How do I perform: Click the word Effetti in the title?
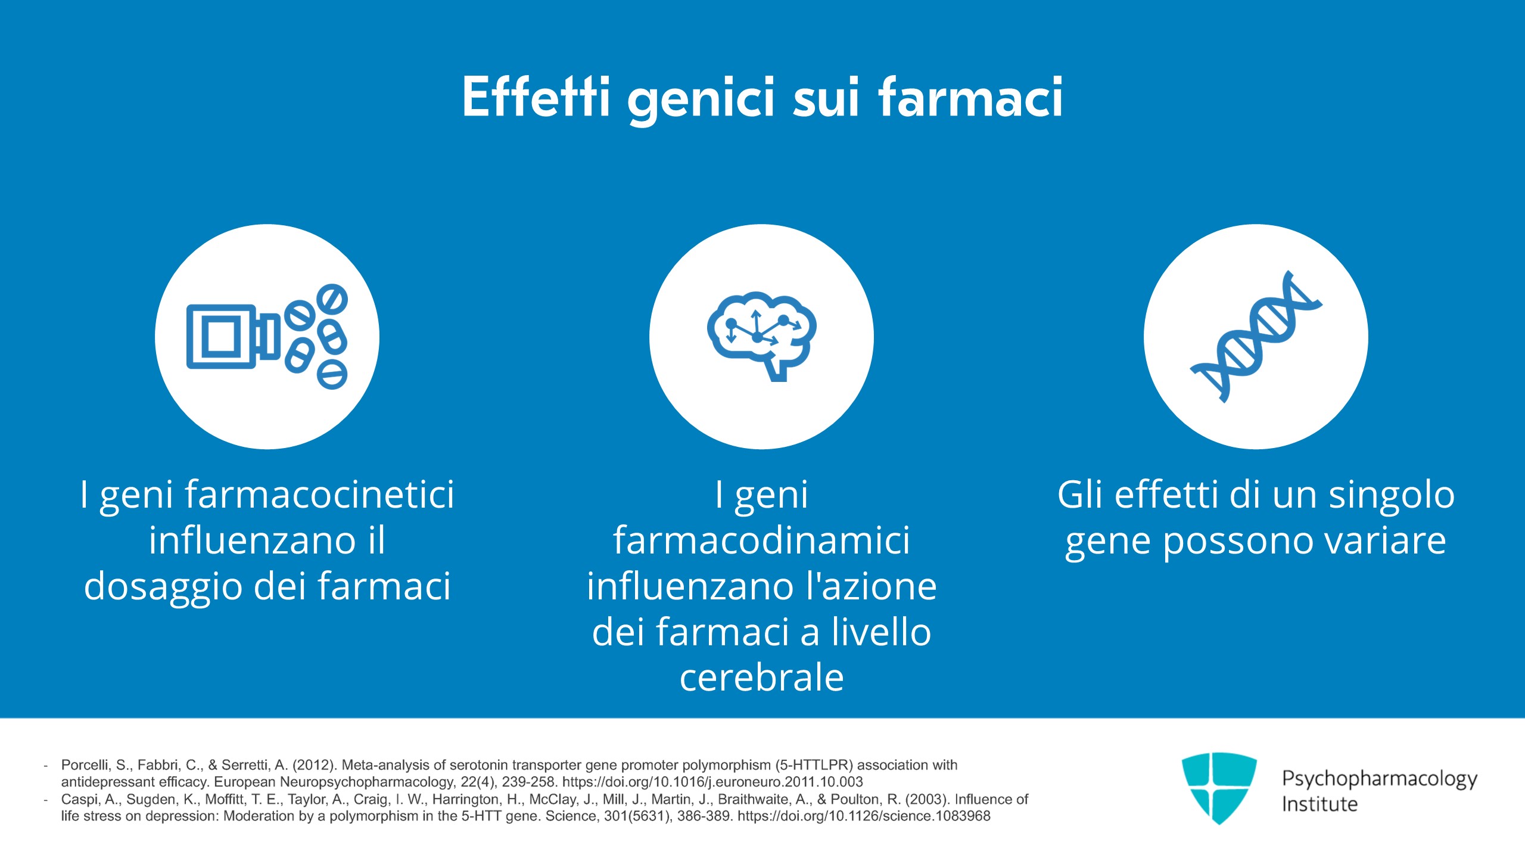coord(536,97)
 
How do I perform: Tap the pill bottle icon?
coord(266,337)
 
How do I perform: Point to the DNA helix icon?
coord(1256,337)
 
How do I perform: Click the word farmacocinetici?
coord(319,495)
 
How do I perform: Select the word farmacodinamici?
coord(761,540)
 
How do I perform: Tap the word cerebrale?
coord(761,677)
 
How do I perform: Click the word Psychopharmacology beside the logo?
coord(1379,779)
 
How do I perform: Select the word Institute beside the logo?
coord(1319,804)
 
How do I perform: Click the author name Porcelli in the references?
coord(85,765)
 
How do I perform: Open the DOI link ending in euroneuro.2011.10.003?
coord(712,782)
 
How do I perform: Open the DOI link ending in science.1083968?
coord(864,816)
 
